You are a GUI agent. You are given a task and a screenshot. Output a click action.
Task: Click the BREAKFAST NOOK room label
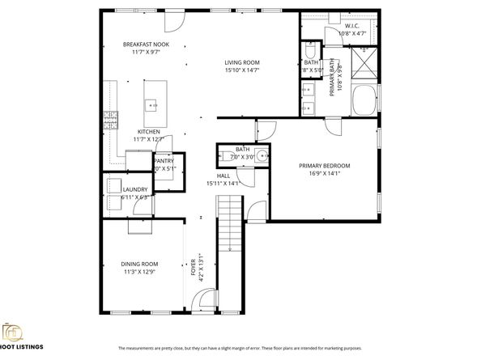click(146, 44)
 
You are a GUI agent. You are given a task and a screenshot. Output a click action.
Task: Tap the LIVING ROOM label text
click(241, 62)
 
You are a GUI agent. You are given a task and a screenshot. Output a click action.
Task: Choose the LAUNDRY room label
click(135, 189)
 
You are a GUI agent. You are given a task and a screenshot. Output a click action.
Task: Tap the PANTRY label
click(164, 161)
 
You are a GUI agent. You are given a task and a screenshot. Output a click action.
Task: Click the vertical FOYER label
click(193, 267)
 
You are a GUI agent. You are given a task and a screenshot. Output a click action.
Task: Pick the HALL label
click(223, 176)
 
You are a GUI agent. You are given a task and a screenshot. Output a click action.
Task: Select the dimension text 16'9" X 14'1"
click(322, 172)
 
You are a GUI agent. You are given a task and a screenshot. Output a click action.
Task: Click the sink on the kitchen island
click(151, 104)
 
